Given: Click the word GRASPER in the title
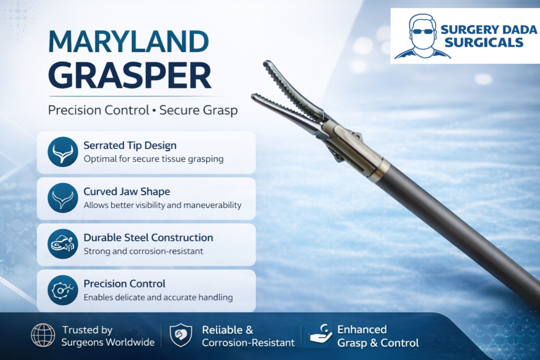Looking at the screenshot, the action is coord(130,75).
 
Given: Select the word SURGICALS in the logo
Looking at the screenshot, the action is coord(484,42).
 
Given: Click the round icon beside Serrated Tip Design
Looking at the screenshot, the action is coord(63,152).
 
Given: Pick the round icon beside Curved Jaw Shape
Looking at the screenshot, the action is coord(63,198).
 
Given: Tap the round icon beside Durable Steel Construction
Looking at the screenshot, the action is coord(63,244).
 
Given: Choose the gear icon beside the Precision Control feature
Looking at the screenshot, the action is coord(63,290).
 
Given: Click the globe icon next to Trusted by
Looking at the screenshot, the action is coord(43,335).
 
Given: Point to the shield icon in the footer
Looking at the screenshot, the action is coord(181,335).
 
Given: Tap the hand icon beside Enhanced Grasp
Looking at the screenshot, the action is coord(320,334).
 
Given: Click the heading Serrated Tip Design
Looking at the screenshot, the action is coord(130,145).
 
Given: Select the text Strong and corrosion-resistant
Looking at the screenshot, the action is coord(143,251).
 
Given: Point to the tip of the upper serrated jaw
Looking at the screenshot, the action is coord(266,63).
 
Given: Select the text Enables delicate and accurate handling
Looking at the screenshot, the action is coord(158,297).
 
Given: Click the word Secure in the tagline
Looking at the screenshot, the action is coord(179,111).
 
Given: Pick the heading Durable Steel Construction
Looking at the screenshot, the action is coord(148,238).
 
